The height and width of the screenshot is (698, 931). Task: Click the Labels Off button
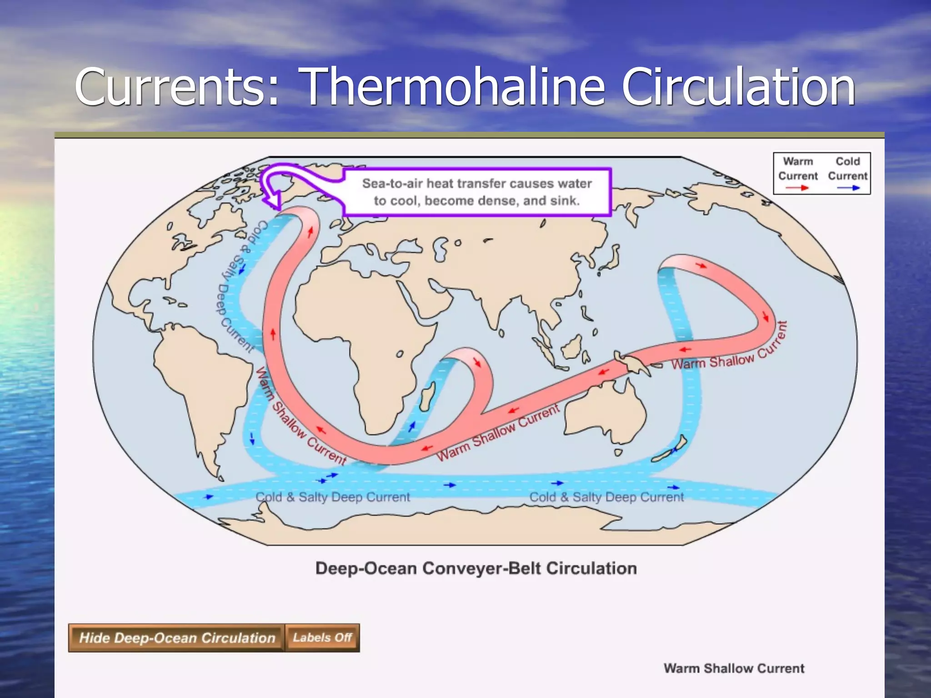click(322, 638)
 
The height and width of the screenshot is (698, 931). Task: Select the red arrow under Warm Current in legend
click(798, 188)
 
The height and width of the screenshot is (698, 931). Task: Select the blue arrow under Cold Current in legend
click(848, 188)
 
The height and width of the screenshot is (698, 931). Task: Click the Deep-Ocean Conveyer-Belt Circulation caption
click(476, 568)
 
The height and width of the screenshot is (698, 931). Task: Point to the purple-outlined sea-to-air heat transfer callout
click(476, 192)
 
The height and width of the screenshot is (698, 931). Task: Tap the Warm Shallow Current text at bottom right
click(734, 668)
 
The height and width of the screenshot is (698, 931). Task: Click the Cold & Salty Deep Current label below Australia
click(606, 497)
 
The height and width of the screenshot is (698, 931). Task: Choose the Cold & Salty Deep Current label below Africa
click(333, 497)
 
